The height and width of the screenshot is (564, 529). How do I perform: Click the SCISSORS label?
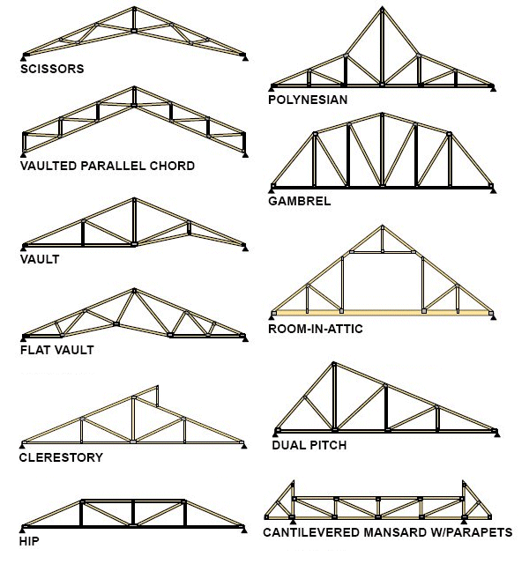click(52, 69)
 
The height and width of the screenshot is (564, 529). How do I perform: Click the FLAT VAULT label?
click(56, 350)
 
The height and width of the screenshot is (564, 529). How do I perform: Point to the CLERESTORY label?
click(61, 457)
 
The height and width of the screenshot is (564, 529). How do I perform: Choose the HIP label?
click(29, 541)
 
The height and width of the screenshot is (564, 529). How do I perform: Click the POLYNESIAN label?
click(308, 100)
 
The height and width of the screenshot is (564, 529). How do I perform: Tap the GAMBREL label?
click(300, 201)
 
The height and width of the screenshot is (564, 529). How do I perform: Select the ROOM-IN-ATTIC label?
click(316, 329)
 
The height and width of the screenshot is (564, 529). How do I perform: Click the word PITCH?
click(328, 445)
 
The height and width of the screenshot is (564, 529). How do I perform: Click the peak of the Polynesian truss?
click(382, 7)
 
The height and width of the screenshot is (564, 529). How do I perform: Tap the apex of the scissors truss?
click(134, 8)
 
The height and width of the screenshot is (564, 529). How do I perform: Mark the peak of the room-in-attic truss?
click(382, 226)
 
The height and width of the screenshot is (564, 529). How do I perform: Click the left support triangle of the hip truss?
click(24, 530)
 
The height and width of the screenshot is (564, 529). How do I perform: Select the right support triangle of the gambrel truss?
click(494, 191)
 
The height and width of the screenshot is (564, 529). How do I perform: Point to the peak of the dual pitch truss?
click(334, 363)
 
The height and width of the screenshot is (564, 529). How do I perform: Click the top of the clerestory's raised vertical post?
click(157, 387)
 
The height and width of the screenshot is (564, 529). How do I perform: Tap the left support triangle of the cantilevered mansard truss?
click(293, 522)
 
